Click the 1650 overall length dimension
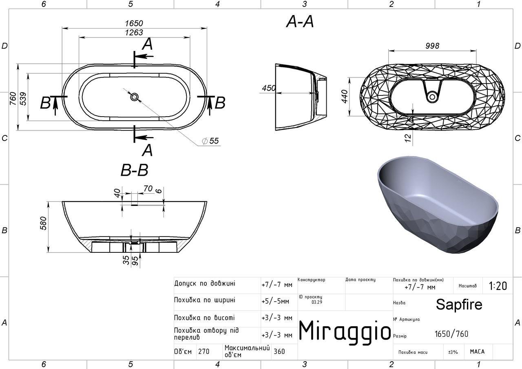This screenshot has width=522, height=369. coord(134,23)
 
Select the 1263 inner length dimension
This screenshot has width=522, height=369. coord(134,33)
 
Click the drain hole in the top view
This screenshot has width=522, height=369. coord(134,97)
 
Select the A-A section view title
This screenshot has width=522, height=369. coord(300,22)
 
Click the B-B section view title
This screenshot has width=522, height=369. coord(134,170)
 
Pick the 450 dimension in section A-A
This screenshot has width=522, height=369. coord(269,88)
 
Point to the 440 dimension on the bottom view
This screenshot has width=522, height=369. coord(344,96)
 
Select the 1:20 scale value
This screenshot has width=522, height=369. coord(498,286)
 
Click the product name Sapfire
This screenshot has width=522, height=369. coord(459,304)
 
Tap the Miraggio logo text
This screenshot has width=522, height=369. coord(345,331)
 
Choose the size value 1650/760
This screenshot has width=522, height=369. coord(451,334)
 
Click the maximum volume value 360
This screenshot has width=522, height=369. coord(279,351)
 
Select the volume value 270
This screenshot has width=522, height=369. coord(204,351)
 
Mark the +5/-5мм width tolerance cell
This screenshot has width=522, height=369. coord(275,302)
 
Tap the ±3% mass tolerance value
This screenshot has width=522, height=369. coord(453,352)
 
